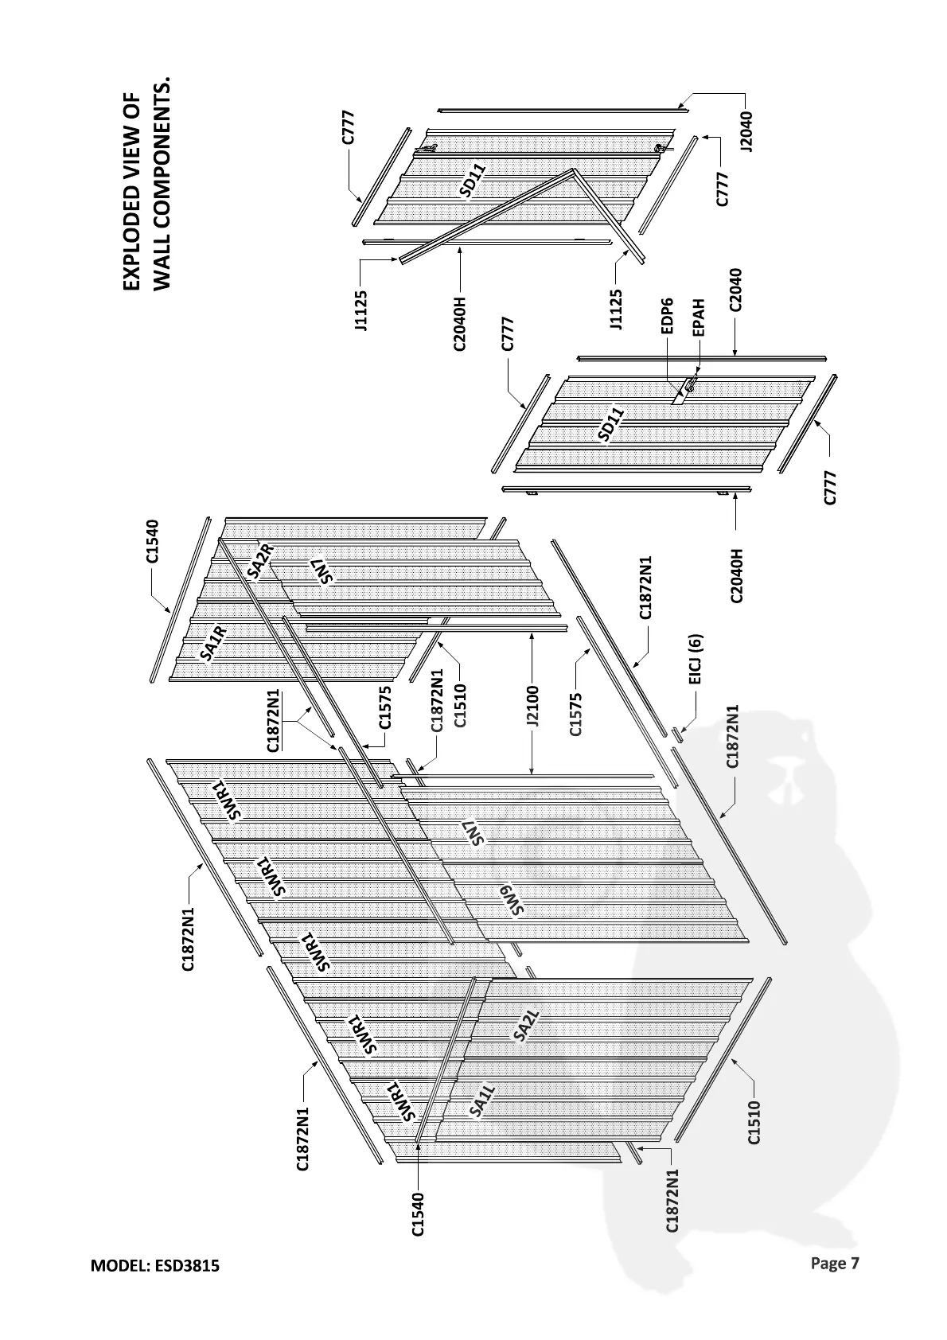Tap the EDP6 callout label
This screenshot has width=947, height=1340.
[669, 316]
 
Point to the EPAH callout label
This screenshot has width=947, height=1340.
[699, 317]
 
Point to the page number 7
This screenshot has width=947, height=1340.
[855, 1262]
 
